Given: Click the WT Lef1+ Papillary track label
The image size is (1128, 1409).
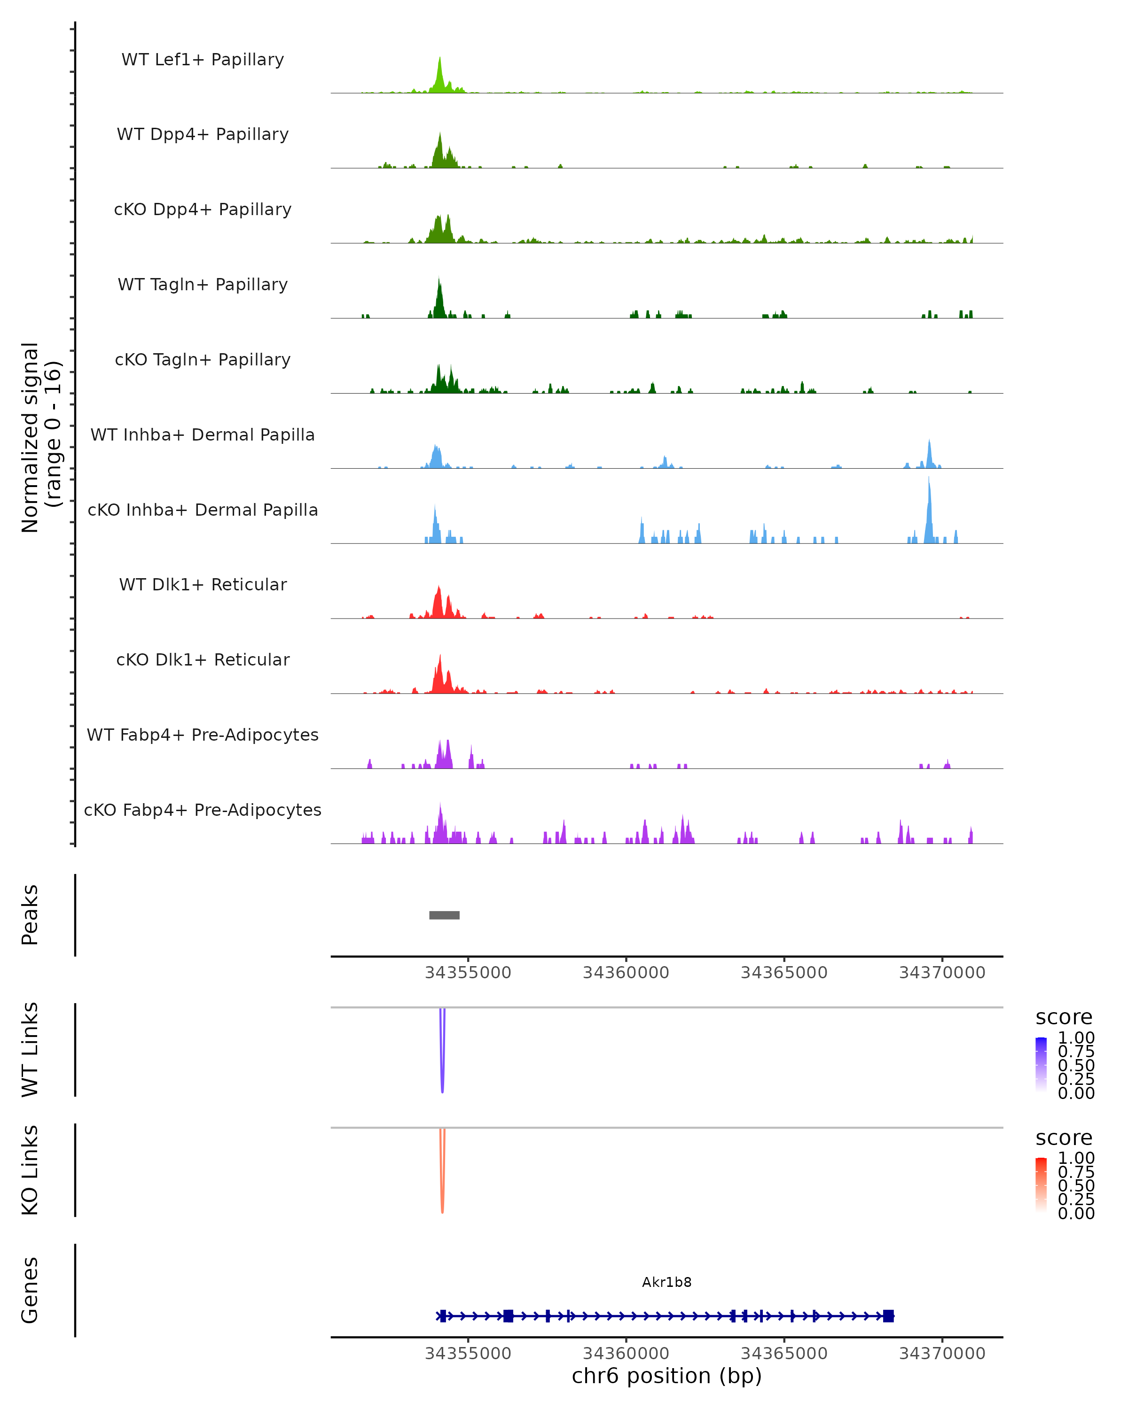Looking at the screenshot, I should (x=203, y=60).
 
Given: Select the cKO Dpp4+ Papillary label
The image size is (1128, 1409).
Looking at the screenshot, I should (x=203, y=210).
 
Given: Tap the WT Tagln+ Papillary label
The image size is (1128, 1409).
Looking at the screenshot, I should (x=203, y=285).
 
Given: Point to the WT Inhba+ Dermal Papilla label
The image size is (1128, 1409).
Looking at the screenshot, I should (x=203, y=435).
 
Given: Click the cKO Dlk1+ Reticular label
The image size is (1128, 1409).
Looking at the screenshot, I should (x=203, y=660).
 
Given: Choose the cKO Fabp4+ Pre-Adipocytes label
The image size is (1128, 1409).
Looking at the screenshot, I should (x=203, y=810).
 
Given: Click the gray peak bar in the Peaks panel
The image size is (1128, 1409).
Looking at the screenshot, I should (x=444, y=915).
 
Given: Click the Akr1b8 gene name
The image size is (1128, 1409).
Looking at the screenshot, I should (x=666, y=1282).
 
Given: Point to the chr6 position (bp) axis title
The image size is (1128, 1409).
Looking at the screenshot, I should (x=666, y=1376).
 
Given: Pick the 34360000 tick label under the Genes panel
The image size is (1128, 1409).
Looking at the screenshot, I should (x=626, y=1354).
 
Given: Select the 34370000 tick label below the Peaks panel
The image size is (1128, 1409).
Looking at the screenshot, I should (x=941, y=973).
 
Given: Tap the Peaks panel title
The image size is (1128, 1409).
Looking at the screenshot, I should (x=30, y=915).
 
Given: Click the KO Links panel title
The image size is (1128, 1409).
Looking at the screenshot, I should (x=30, y=1170).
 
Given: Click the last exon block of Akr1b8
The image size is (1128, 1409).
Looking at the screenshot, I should (x=888, y=1316).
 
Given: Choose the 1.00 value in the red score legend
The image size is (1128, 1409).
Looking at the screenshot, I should (x=1076, y=1158).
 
